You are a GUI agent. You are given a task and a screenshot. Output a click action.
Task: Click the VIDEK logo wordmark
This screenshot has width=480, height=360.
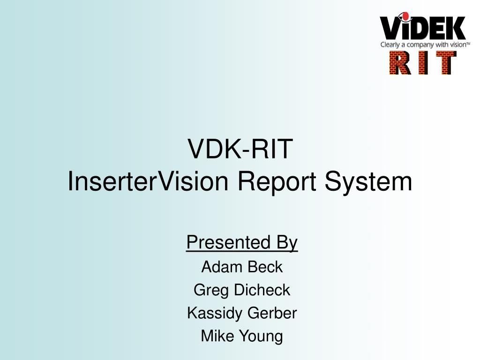coord(423,27)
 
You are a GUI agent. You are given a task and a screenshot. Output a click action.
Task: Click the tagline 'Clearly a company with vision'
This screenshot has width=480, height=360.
coord(425,45)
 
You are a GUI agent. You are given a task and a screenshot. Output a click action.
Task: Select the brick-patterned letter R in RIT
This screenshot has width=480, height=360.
coord(400,63)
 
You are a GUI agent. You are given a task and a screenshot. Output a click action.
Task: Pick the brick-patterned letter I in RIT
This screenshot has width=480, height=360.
coord(423,63)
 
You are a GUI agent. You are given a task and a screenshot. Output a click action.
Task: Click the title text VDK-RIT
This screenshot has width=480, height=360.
coord(240,149)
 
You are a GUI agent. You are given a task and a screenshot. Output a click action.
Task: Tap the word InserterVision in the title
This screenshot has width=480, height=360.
coord(148,181)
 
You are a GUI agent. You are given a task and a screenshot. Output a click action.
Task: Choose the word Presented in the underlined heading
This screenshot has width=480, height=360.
coord(228,242)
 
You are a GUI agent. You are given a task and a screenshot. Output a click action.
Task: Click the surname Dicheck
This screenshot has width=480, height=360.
coord(262,290)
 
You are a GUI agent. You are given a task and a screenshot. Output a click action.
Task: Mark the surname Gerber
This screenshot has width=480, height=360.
coord(272,313)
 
